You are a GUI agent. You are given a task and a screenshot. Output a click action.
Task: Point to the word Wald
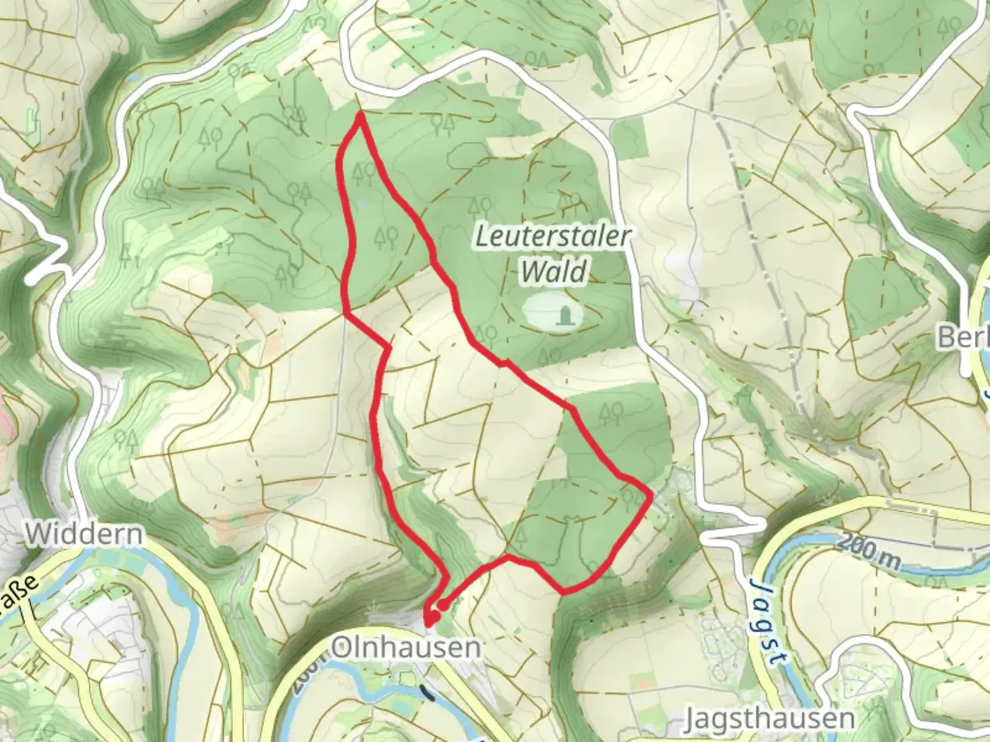[553, 271]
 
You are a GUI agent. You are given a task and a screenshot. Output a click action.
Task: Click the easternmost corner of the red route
[650, 493]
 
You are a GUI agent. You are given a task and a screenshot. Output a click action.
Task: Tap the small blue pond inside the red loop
[360, 204]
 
